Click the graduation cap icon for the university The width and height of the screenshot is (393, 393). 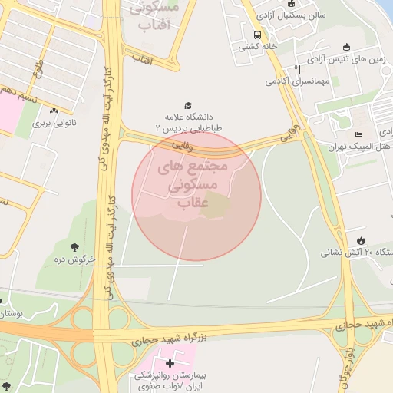tap(188, 106)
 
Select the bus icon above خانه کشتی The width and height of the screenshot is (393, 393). tap(256, 34)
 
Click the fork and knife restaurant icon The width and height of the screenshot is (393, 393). tap(298, 68)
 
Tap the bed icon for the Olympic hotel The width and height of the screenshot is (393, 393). tap(358, 135)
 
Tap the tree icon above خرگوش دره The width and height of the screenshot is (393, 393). tap(75, 246)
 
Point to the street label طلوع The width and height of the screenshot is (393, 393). tap(38, 71)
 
